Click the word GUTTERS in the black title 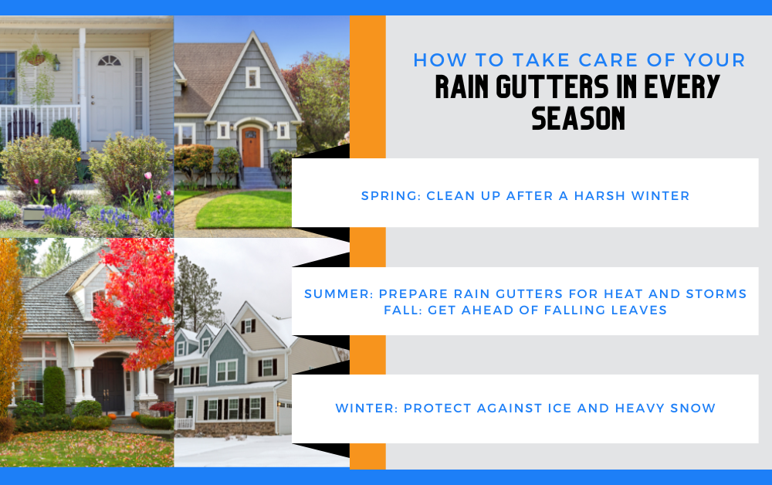[553, 86]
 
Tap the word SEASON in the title [578, 118]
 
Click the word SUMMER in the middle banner [339, 294]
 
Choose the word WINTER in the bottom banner [366, 409]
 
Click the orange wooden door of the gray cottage [251, 147]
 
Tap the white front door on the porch [110, 94]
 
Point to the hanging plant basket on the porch [36, 56]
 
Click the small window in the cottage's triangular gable [252, 77]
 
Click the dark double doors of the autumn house [108, 385]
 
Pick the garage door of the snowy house [285, 417]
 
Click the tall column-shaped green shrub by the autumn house [54, 390]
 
